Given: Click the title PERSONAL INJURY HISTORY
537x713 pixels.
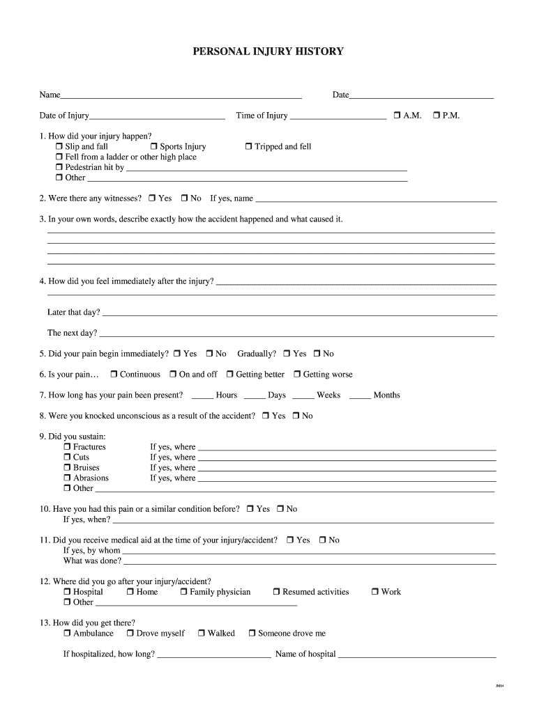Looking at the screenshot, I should click(268, 52).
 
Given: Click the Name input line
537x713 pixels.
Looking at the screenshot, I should click(181, 95).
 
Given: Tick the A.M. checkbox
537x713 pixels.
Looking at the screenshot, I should click(396, 116).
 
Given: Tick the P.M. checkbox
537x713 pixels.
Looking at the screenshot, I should click(436, 116).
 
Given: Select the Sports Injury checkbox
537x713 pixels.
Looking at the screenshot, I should click(153, 147).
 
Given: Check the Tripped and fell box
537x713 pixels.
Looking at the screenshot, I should click(248, 147).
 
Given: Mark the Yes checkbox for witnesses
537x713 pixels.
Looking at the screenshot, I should click(151, 198).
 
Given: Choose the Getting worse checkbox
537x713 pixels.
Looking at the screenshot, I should click(296, 375).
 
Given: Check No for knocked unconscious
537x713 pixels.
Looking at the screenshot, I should click(296, 416).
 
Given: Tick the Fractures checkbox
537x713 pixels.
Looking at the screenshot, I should click(67, 447).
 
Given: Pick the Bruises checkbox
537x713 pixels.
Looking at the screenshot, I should click(67, 468).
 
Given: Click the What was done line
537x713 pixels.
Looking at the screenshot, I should click(309, 561).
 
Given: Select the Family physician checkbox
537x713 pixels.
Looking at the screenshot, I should click(183, 593).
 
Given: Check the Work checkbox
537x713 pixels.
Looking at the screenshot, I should click(375, 593).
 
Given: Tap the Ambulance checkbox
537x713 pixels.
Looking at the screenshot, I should click(67, 634).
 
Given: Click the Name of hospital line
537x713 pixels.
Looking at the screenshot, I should click(417, 655).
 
